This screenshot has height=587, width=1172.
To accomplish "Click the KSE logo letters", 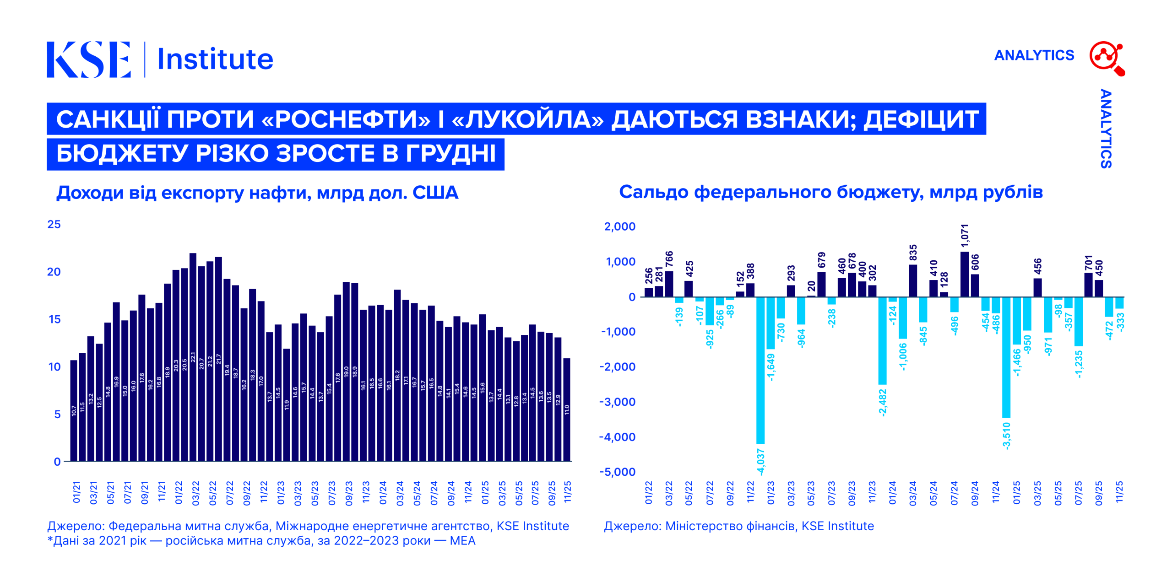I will coord(88,59).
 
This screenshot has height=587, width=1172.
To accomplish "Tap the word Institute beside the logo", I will coord(215,59).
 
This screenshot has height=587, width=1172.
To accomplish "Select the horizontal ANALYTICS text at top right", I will coord(1034,55).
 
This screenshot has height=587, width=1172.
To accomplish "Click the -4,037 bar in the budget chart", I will coord(760,371).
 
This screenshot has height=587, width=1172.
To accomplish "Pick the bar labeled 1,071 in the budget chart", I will coord(964,274).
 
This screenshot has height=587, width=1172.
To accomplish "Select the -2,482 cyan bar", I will coord(882,340).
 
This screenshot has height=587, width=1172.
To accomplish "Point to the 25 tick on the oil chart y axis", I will coord(54,224).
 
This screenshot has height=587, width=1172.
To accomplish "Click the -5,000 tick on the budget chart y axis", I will coord(618,472).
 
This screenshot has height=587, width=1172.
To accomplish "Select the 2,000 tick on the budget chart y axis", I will coord(620,226).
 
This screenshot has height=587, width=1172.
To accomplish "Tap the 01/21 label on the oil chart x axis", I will coord(76,492).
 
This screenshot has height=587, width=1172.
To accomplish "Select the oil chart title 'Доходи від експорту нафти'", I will coord(257,193).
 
